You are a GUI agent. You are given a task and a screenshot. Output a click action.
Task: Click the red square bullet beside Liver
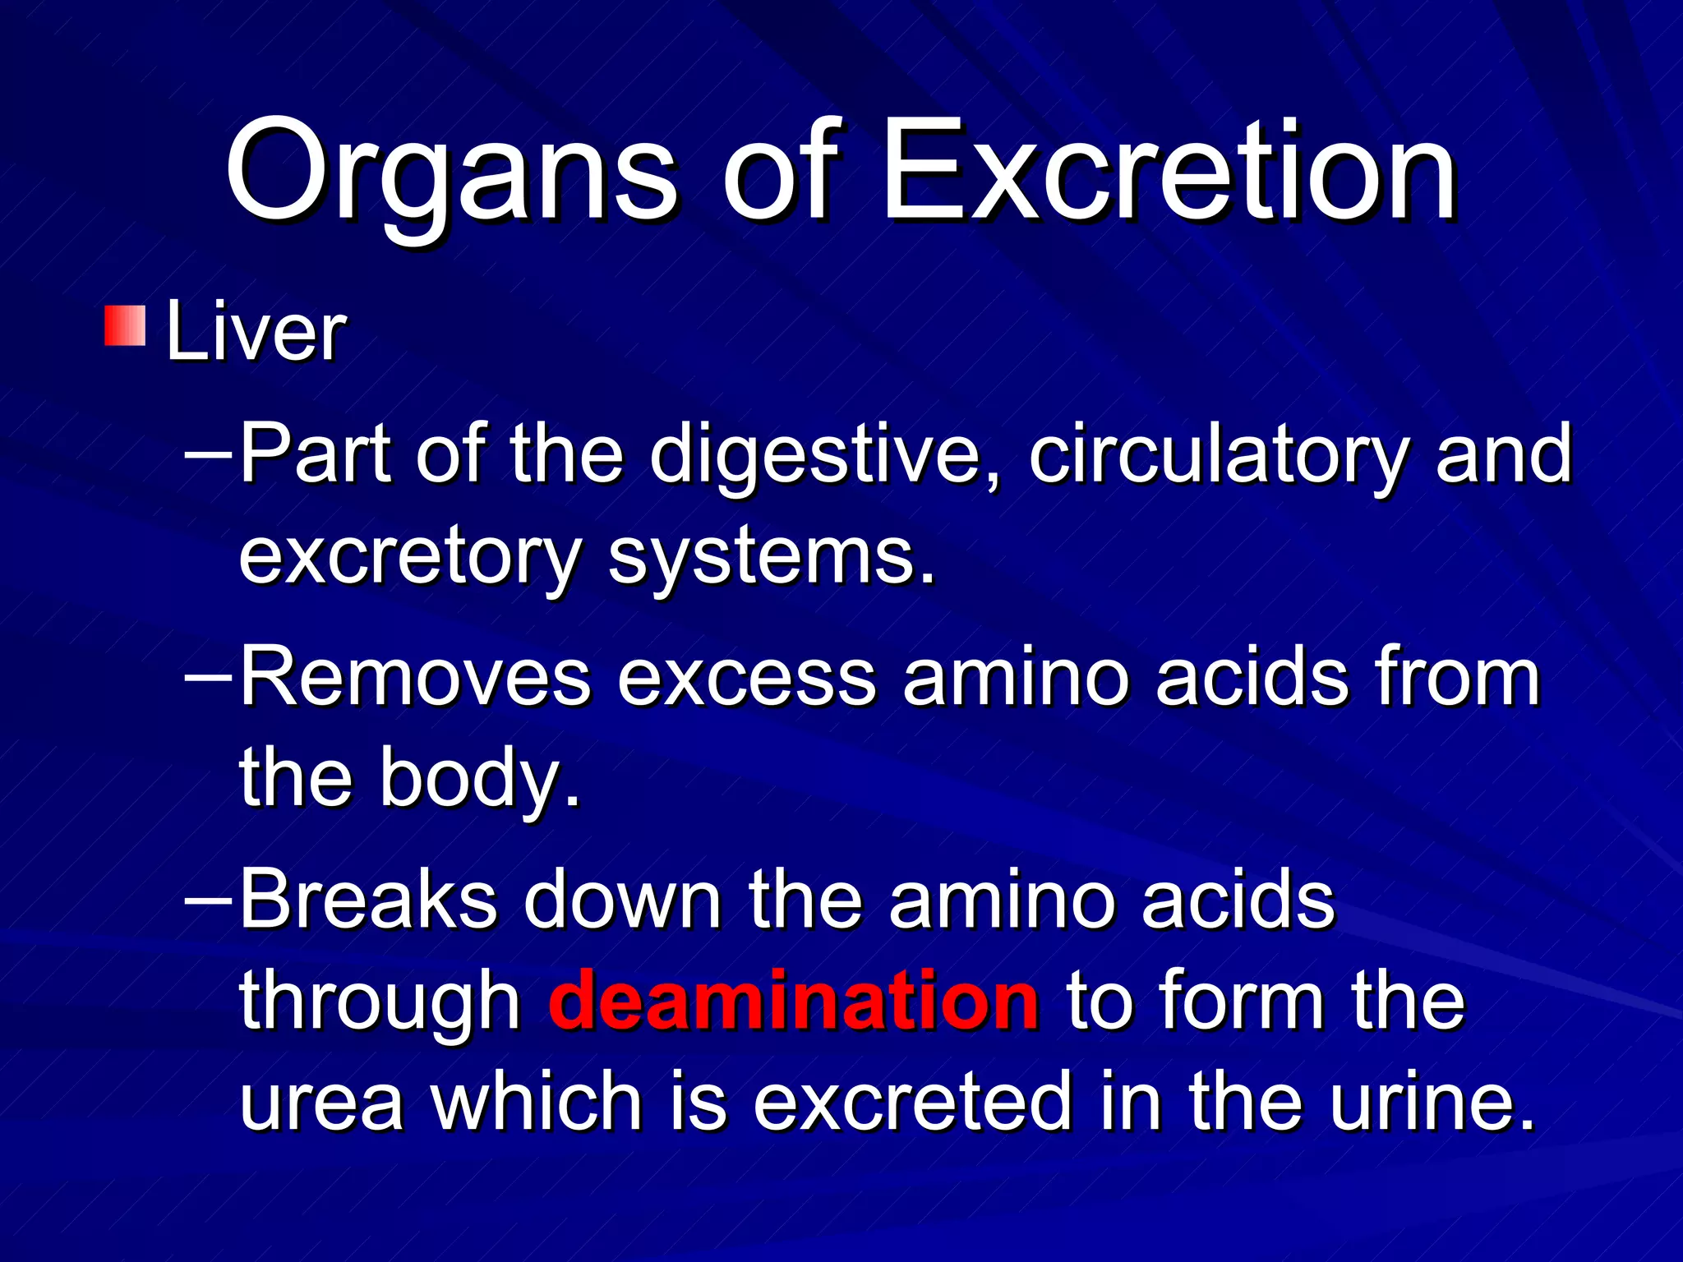click(x=125, y=325)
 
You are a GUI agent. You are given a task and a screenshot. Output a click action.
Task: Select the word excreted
click(x=912, y=1102)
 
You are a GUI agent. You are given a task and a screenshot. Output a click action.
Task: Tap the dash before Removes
click(x=209, y=676)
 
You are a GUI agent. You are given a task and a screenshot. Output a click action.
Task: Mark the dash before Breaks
click(x=209, y=898)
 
